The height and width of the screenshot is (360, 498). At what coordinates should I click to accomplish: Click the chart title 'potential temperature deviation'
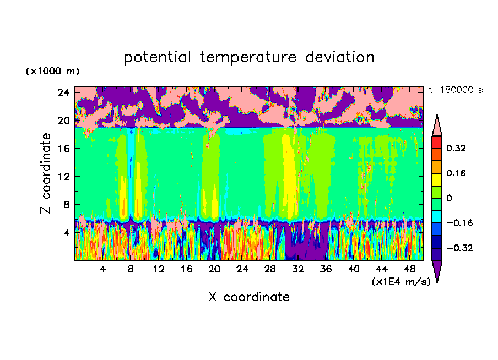tap(248, 57)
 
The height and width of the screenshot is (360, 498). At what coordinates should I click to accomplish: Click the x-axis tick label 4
tap(103, 269)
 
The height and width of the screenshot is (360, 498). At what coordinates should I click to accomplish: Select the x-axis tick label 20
tap(214, 269)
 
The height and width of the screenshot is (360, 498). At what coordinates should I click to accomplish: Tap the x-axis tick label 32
tap(298, 269)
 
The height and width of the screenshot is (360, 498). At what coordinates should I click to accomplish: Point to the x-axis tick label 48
tap(409, 269)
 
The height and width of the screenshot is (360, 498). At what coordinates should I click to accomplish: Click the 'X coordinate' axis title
tap(249, 297)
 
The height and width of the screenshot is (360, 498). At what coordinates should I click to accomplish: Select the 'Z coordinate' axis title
tap(46, 173)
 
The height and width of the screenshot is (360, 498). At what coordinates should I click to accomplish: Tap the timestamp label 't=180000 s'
tap(455, 90)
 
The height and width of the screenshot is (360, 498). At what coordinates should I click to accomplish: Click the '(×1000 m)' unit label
tap(52, 72)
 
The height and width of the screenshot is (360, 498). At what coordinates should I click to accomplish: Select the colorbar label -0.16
tap(461, 223)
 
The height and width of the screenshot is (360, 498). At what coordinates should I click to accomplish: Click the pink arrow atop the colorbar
tap(437, 125)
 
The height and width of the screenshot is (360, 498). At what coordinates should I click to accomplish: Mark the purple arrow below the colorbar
tap(437, 270)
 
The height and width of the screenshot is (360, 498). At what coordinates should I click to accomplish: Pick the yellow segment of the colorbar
tap(437, 179)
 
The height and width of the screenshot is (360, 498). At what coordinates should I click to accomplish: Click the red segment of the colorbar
tap(437, 141)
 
